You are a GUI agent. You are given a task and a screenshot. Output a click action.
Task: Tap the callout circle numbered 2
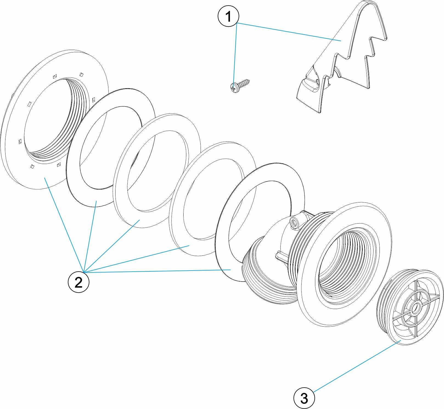(x=78, y=282)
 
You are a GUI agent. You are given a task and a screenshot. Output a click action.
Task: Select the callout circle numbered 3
(x=304, y=398)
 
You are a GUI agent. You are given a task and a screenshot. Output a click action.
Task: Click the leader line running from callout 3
(x=357, y=367)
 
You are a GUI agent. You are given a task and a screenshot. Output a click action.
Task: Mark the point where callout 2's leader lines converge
(x=84, y=272)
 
